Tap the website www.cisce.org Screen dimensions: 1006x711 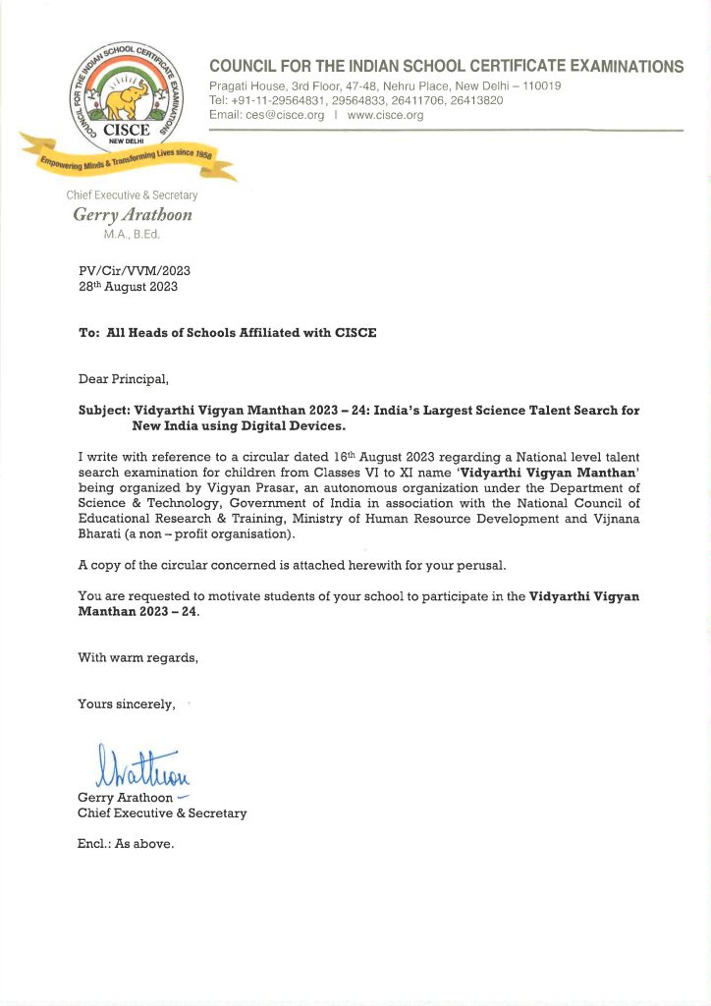[x=386, y=115]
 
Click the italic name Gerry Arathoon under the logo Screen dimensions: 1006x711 [x=132, y=215]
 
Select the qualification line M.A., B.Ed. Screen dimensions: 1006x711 [x=132, y=235]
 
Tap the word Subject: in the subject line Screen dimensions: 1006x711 [x=107, y=410]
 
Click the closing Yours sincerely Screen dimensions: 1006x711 [x=127, y=703]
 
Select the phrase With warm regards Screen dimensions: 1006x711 [x=137, y=658]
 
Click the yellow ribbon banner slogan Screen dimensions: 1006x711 [x=128, y=160]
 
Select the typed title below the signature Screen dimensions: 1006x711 [x=162, y=813]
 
